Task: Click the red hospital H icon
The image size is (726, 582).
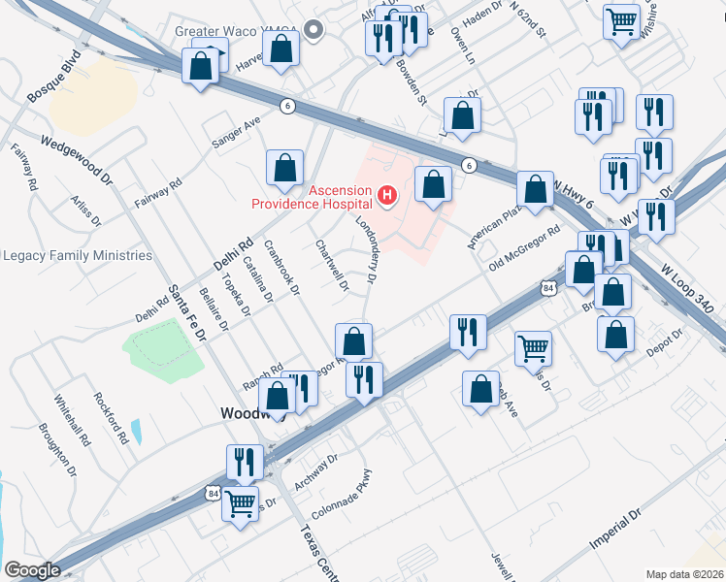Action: [x=387, y=197]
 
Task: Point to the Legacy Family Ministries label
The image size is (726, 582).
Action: [x=78, y=256]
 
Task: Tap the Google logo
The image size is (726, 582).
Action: [x=32, y=570]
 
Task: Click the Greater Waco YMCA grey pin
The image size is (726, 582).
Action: [x=313, y=30]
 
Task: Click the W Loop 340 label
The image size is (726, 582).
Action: [x=687, y=288]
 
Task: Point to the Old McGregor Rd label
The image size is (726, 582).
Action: [x=525, y=247]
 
